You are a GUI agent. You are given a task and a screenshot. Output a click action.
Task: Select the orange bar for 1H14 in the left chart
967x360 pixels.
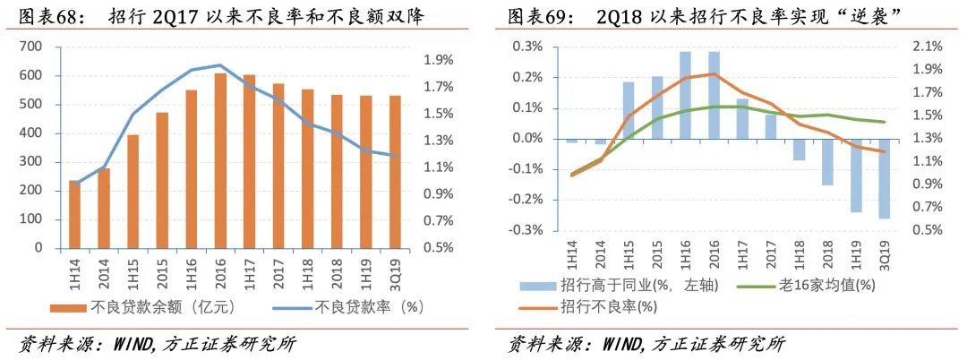coord(74,214)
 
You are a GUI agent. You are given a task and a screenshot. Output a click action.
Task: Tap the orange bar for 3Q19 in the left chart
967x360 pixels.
coord(395,171)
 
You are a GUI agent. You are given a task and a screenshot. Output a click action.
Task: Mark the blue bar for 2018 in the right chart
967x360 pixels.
coord(826,162)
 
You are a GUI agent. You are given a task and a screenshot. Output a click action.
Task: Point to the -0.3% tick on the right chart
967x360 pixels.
coord(527,230)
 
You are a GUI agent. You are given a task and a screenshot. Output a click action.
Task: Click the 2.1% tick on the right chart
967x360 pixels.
coord(928,47)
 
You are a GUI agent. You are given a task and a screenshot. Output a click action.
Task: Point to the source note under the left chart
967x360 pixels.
coord(157,344)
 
